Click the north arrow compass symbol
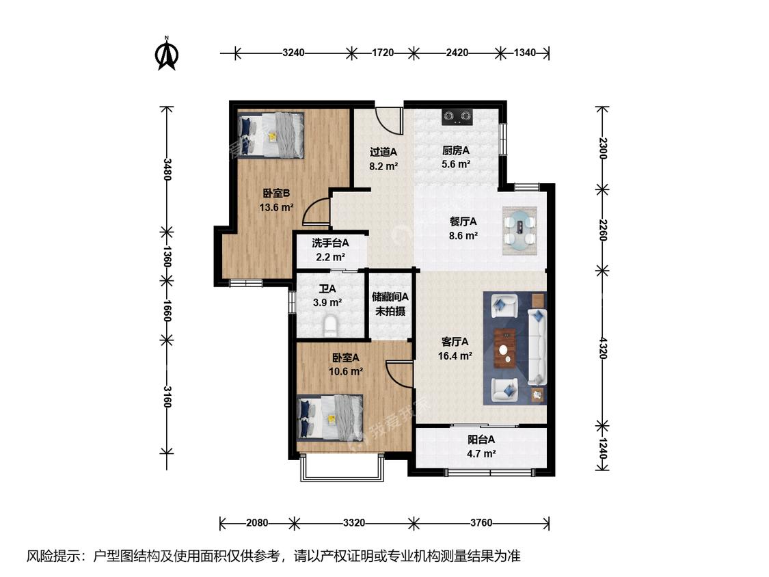166,54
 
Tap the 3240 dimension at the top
293,53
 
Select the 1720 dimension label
383,53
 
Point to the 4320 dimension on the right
603,348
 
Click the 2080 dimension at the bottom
257,523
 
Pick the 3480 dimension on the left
167,170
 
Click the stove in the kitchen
457,116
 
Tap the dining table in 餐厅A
520,230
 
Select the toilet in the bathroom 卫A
331,326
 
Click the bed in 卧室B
271,135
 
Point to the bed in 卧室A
331,417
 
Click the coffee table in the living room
504,349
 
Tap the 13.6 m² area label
276,208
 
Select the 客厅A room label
455,342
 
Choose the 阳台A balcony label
481,440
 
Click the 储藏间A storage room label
390,297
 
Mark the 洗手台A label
331,243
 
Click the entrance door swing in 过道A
388,119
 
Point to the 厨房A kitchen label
456,150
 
